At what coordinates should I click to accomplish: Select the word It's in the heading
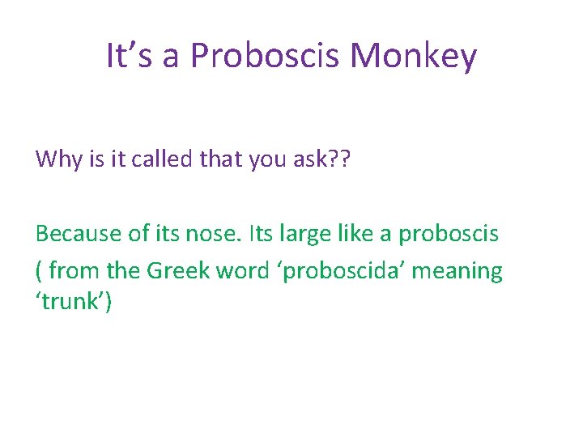(x=124, y=57)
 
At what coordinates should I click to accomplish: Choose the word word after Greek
(x=241, y=270)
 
